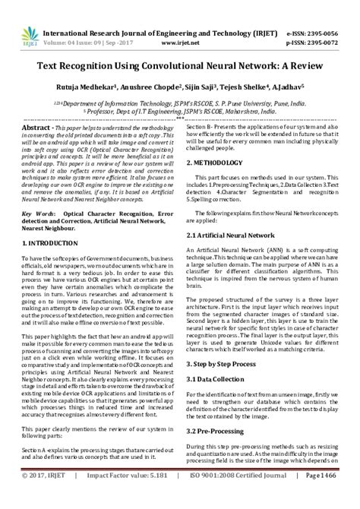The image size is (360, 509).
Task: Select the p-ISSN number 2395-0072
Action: point(332,22)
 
